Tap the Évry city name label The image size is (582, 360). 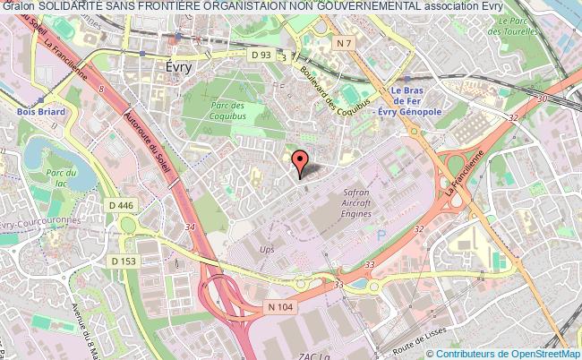(183, 67)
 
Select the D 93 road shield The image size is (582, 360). (261, 56)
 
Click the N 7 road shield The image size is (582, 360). (343, 43)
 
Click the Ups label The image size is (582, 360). (266, 249)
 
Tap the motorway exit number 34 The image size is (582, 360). (189, 227)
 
